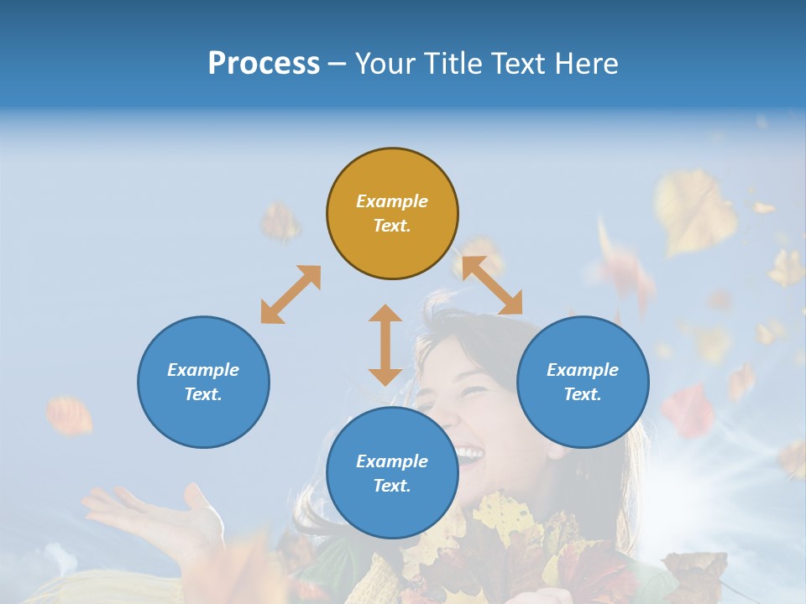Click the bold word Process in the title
tap(264, 64)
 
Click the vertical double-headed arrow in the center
tap(385, 345)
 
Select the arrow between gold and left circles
tap(290, 294)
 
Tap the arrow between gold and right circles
tap(492, 285)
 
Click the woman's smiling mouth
tap(468, 456)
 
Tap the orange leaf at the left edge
tap(69, 415)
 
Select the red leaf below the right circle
tap(688, 410)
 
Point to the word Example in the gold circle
tap(392, 201)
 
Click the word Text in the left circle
tap(203, 394)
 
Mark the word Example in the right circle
tap(583, 370)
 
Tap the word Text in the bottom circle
tap(392, 486)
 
